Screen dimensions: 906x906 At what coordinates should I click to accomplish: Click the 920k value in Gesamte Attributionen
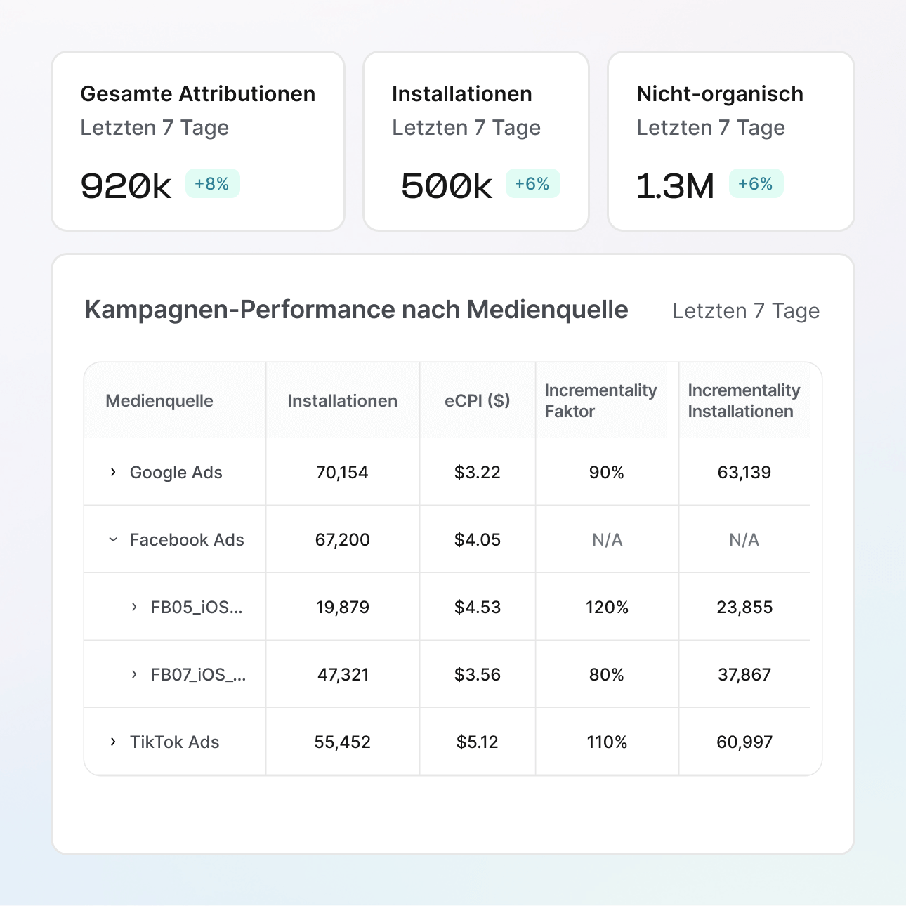click(126, 186)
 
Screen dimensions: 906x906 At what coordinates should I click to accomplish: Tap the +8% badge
click(212, 184)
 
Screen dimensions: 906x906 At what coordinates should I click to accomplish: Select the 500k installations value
click(447, 186)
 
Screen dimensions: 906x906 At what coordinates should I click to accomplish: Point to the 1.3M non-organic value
click(675, 186)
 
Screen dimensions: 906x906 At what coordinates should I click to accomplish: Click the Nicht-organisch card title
click(719, 94)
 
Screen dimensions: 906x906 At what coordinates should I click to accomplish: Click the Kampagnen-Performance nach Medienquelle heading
click(356, 310)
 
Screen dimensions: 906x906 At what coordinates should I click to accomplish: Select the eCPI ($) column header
click(477, 400)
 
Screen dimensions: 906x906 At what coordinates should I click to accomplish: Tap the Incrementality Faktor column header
click(600, 400)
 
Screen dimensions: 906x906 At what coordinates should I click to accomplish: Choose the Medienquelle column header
click(159, 401)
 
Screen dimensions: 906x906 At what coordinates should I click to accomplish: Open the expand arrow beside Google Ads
click(113, 472)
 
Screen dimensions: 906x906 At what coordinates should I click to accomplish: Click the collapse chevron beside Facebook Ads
click(113, 539)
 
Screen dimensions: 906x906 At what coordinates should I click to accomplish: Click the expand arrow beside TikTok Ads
click(113, 742)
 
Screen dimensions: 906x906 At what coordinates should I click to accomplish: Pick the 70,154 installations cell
click(342, 473)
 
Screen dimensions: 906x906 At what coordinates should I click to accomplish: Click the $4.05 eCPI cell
click(478, 540)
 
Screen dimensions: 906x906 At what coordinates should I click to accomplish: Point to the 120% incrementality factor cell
click(607, 608)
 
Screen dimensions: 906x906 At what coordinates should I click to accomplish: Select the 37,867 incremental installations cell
click(744, 675)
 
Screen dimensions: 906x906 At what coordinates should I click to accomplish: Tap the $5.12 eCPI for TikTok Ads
click(478, 742)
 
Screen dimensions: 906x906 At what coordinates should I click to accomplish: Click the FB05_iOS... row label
click(197, 608)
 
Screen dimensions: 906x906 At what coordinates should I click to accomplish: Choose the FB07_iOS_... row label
click(198, 675)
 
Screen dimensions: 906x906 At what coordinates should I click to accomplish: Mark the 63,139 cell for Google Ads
click(744, 473)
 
